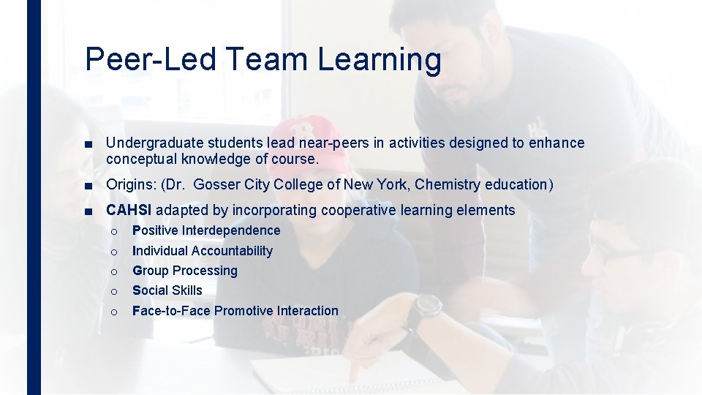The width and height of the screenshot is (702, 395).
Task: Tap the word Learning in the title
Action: (380, 59)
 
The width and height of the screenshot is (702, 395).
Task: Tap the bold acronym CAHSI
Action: (129, 211)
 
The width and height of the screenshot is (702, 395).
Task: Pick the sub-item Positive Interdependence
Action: (205, 230)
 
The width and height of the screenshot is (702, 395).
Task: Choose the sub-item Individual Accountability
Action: (202, 251)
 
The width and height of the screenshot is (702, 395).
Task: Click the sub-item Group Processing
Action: (184, 271)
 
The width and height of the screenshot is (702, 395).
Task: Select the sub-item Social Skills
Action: (167, 290)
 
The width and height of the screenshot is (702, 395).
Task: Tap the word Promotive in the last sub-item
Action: (246, 311)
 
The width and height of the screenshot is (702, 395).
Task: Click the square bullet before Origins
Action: (88, 185)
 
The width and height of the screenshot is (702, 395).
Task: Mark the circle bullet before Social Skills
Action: (114, 291)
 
